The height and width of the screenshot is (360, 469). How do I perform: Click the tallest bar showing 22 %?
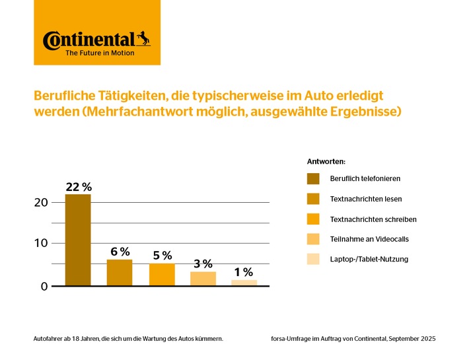point(78,239)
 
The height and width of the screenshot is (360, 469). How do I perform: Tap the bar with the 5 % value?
point(162,274)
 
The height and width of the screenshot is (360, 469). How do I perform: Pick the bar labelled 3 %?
point(203,278)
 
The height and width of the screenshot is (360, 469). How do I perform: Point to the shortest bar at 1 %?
point(244,283)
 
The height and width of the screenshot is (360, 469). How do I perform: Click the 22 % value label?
point(78,187)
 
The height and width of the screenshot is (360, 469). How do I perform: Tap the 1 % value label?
point(244,272)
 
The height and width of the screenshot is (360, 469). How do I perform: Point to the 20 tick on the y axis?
point(41,202)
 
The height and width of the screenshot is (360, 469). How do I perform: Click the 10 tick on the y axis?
point(41,243)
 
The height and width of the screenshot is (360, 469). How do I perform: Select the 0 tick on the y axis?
point(44,286)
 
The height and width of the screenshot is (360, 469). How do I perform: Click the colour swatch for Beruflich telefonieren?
point(313,178)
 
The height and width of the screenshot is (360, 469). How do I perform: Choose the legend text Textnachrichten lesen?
point(365,199)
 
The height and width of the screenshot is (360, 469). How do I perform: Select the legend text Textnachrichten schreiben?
point(373,219)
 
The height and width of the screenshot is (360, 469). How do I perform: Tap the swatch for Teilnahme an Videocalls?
point(313,239)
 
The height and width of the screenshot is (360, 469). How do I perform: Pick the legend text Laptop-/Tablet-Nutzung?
point(369,259)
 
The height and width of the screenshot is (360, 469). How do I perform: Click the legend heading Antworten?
point(326,161)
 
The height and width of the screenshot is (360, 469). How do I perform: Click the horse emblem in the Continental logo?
point(143,38)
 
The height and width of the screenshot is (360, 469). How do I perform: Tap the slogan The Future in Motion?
point(99,53)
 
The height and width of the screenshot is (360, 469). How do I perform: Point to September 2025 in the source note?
point(412,339)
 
